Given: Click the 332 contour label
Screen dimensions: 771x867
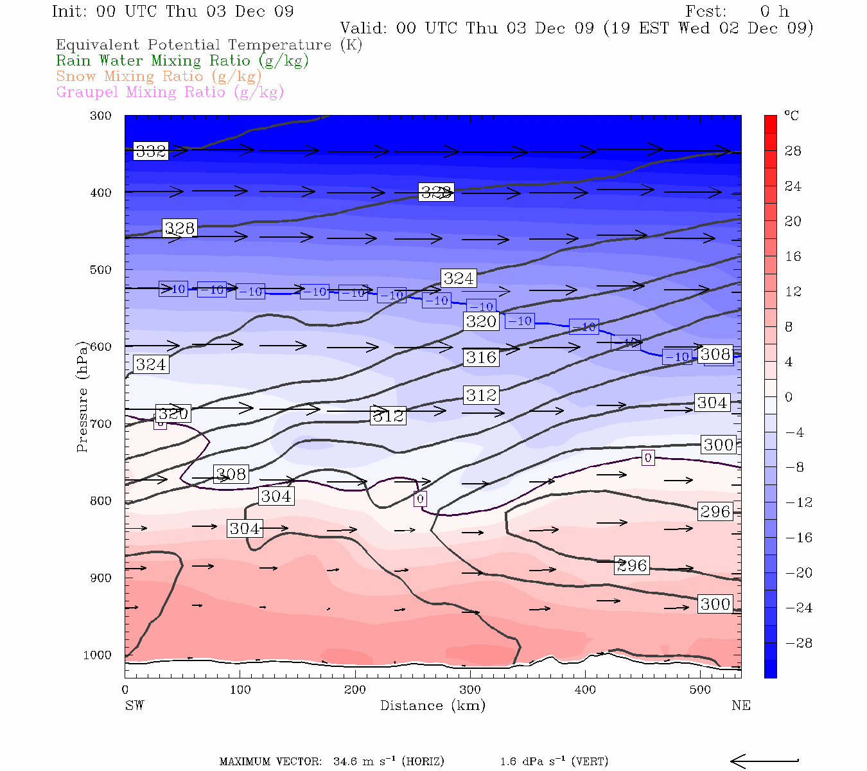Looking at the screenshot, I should [x=151, y=151].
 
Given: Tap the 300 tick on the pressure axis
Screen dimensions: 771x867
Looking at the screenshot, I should [x=101, y=116].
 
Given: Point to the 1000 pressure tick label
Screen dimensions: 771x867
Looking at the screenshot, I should [x=98, y=655].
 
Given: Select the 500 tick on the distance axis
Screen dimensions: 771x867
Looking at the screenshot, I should [x=701, y=689].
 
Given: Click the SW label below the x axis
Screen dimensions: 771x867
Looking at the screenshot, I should [x=134, y=705].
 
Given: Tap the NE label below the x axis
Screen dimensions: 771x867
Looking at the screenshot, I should [x=740, y=705].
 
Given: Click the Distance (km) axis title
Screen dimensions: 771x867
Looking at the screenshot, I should [x=432, y=705].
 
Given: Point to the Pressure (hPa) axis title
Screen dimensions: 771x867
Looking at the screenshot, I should [x=82, y=396].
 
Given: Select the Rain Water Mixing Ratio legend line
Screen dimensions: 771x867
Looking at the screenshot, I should [x=182, y=61].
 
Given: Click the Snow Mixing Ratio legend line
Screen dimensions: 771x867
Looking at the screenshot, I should [x=159, y=76].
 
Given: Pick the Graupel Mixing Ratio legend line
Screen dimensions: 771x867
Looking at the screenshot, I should [x=170, y=93].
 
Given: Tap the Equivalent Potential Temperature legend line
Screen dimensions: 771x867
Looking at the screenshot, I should [x=209, y=45].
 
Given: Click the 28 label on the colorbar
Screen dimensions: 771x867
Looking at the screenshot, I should [x=793, y=151].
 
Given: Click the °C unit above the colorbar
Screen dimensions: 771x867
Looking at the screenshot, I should [x=792, y=116].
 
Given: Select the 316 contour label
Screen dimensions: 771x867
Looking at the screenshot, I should [x=481, y=357].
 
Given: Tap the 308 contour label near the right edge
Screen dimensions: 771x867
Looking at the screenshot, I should [x=715, y=354].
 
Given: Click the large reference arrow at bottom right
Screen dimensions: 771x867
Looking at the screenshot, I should [x=764, y=761].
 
